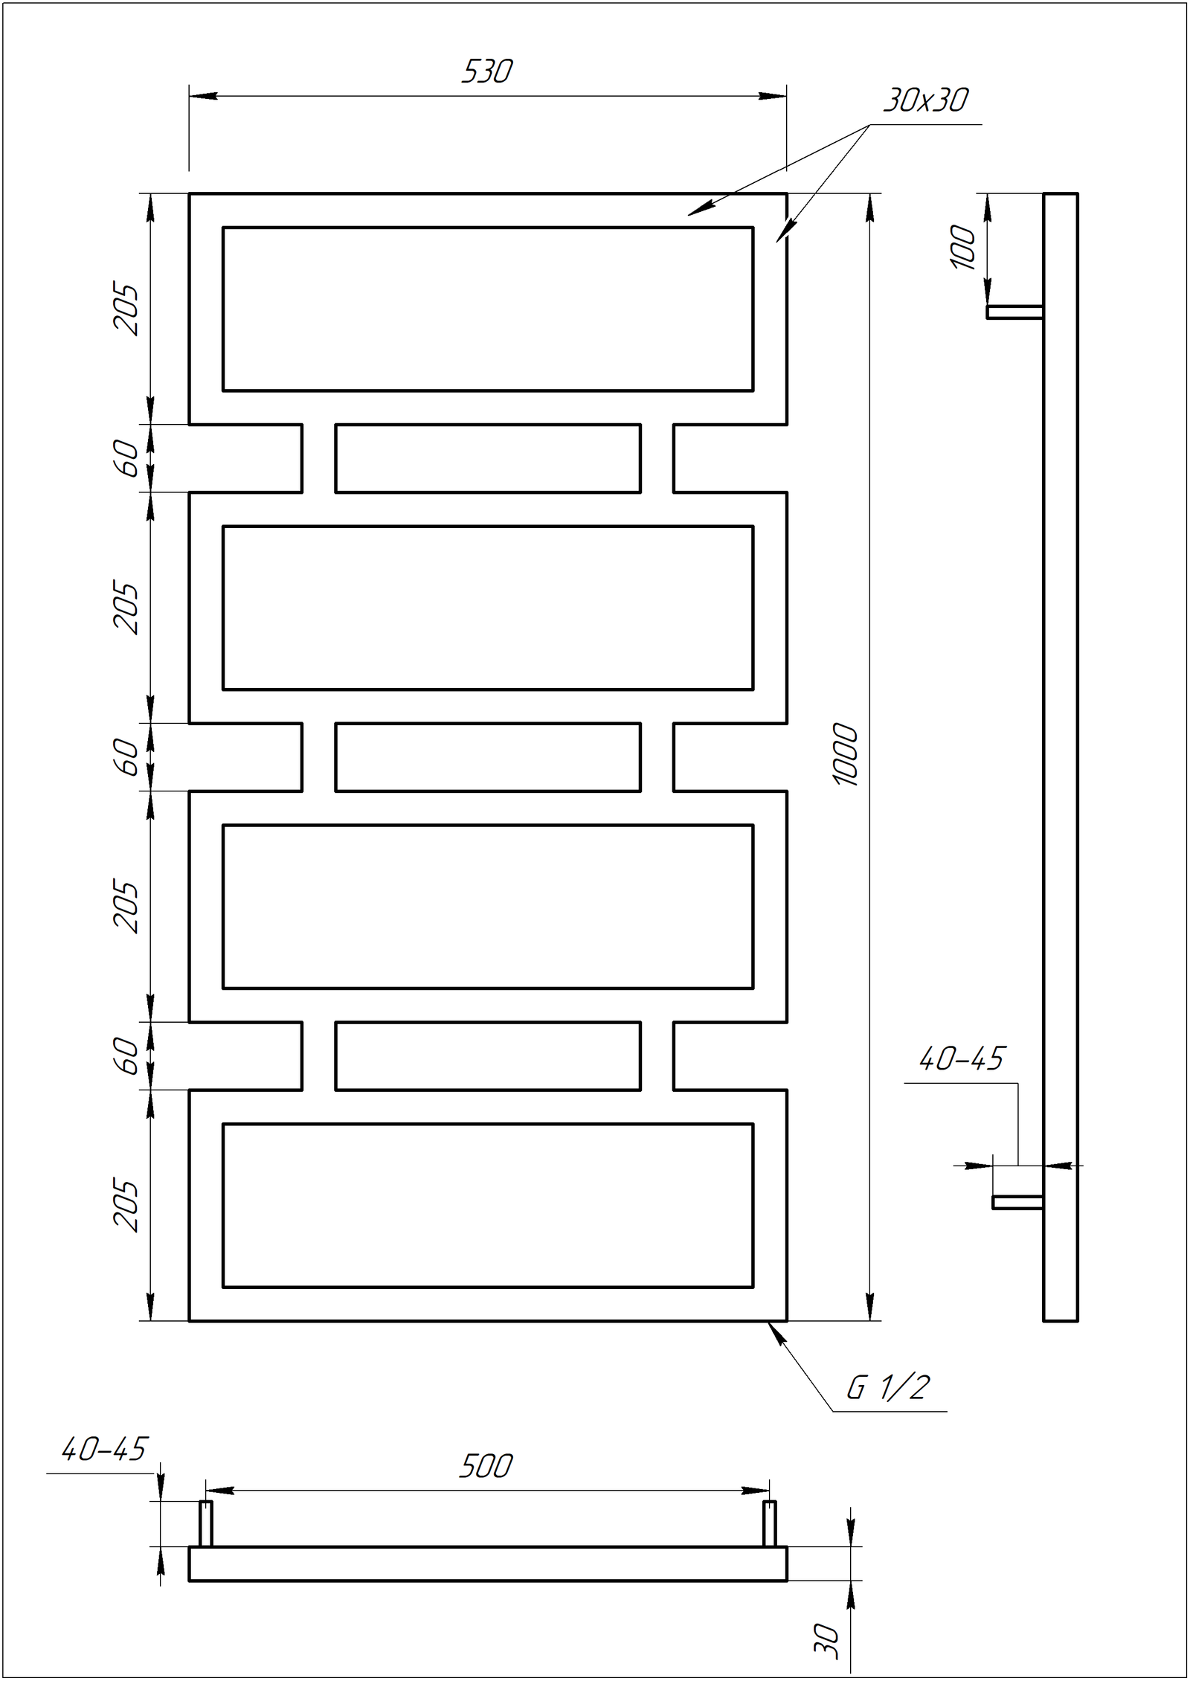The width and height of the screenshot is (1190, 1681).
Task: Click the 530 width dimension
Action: tap(487, 72)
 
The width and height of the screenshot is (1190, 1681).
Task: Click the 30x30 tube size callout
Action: tap(926, 100)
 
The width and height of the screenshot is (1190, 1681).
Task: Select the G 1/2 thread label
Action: tap(889, 1388)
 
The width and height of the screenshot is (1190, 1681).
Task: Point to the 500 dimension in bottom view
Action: tap(486, 1466)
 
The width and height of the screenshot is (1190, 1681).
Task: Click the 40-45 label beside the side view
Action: tap(962, 1059)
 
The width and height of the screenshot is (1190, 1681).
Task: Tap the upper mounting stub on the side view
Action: tap(1014, 312)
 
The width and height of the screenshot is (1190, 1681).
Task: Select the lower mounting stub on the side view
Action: tap(1017, 1202)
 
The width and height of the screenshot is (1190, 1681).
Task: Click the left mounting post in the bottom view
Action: tap(205, 1523)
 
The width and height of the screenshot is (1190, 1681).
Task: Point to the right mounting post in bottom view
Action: tap(770, 1523)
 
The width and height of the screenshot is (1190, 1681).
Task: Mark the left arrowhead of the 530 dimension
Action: tap(203, 96)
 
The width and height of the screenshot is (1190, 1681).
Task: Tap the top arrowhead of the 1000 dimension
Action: tap(870, 208)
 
